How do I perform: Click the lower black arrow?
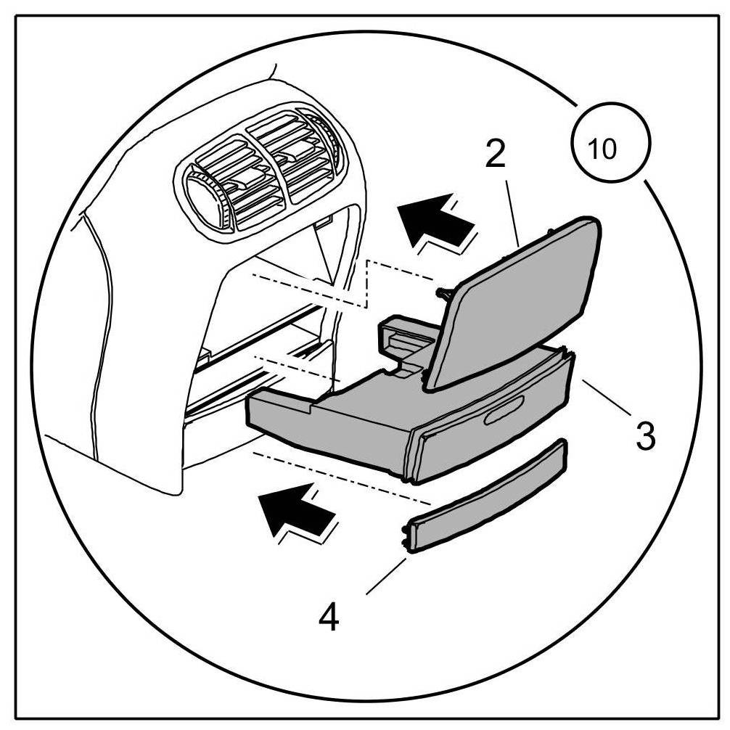295,512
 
